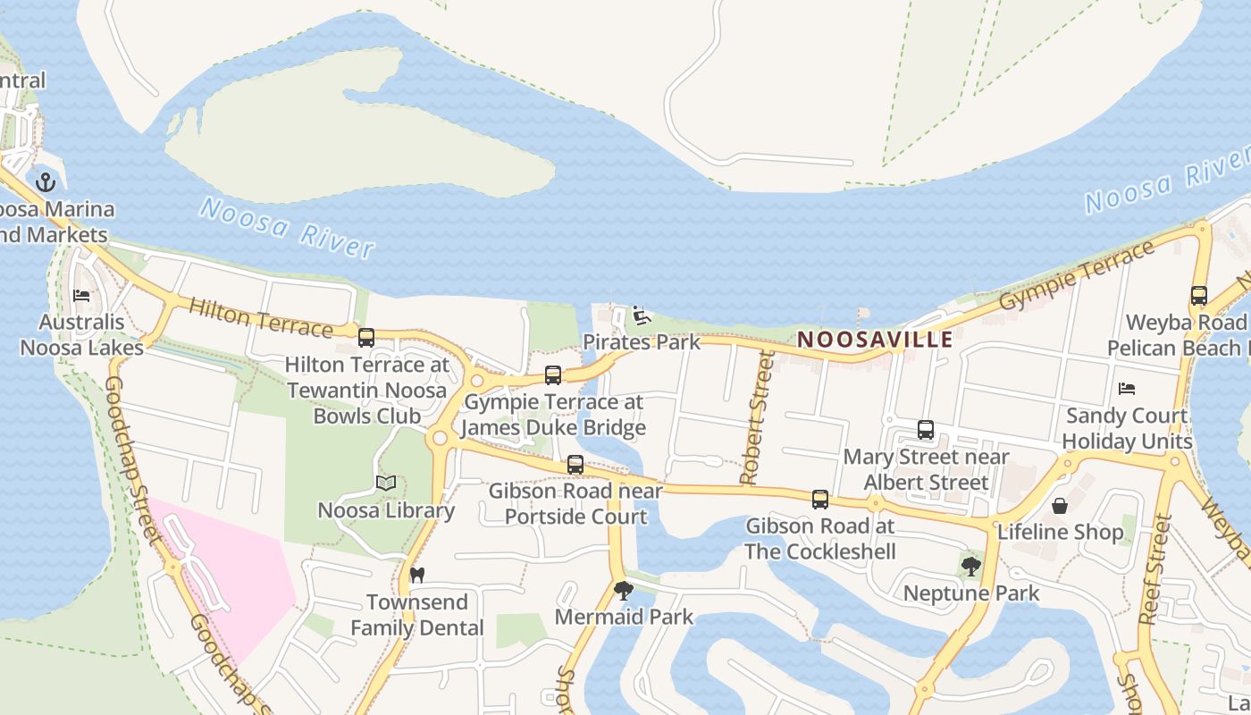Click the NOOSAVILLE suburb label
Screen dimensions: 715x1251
click(875, 340)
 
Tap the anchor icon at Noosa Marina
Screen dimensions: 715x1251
click(46, 183)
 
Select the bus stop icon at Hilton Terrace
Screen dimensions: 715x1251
click(366, 338)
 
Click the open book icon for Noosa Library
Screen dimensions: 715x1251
click(386, 484)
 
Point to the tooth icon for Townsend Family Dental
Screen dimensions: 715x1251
click(416, 575)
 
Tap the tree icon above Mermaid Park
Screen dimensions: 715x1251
click(624, 590)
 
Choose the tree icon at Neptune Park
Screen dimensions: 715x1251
click(970, 566)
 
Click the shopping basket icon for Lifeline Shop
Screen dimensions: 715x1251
click(1060, 506)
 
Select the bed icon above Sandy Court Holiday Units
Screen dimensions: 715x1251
click(1127, 389)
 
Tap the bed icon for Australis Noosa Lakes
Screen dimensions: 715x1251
click(81, 296)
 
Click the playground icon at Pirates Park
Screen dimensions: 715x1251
click(641, 315)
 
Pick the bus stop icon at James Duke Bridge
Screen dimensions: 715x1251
click(553, 375)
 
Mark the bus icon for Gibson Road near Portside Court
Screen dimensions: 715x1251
click(575, 465)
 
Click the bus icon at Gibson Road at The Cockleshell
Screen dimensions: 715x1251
click(820, 500)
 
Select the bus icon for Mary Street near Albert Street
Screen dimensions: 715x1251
click(926, 430)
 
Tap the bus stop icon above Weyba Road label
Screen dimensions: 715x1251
click(1199, 296)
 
